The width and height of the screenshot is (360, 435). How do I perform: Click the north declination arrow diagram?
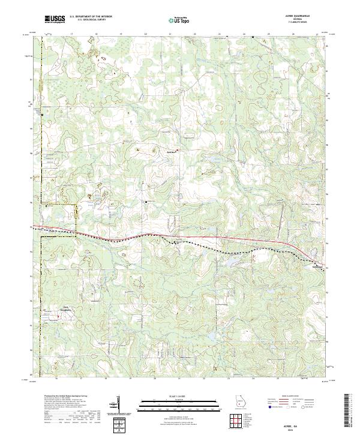coord(119,405)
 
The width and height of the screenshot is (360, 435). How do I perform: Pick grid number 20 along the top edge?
coord(146,35)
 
